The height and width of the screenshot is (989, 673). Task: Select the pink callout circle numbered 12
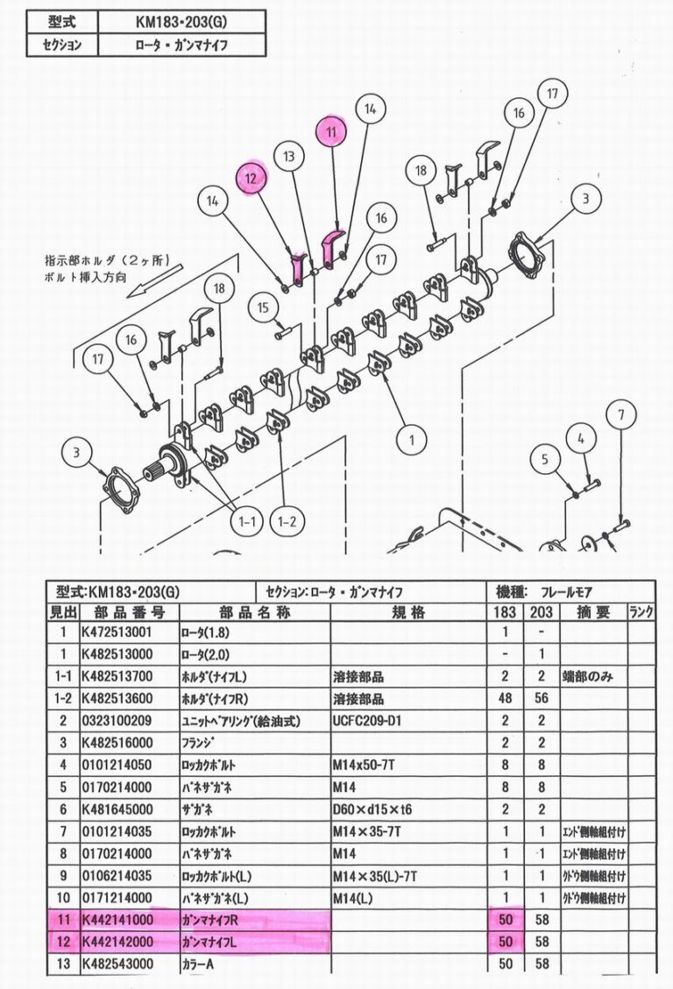(251, 179)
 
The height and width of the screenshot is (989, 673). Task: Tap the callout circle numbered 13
(289, 156)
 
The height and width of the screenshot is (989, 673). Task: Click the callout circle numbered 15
(263, 307)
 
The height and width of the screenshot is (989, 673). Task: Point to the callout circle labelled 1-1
(246, 521)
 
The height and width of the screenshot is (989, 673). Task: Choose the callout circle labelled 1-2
(287, 521)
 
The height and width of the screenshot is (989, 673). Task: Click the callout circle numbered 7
(621, 415)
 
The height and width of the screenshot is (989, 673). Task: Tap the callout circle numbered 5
(545, 459)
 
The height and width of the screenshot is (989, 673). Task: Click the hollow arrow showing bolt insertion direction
(154, 283)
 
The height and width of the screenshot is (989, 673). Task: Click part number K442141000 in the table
(117, 921)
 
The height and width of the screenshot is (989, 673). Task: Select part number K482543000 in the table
(117, 964)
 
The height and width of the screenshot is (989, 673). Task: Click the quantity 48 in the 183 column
(505, 698)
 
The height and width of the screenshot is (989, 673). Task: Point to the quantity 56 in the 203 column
(542, 698)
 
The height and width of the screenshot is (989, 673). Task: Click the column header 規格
(408, 611)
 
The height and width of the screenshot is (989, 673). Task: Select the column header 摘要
(593, 611)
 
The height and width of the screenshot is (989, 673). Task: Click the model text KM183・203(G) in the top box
(181, 22)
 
